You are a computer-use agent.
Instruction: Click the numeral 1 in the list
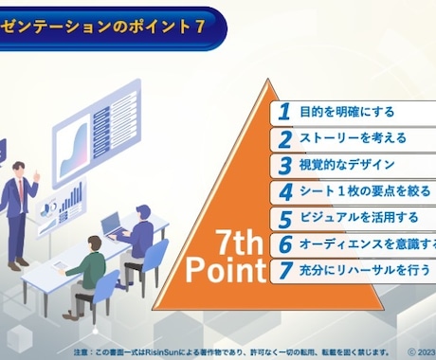click(283, 112)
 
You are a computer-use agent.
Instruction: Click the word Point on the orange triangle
click(225, 271)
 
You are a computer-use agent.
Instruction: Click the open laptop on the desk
click(112, 225)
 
